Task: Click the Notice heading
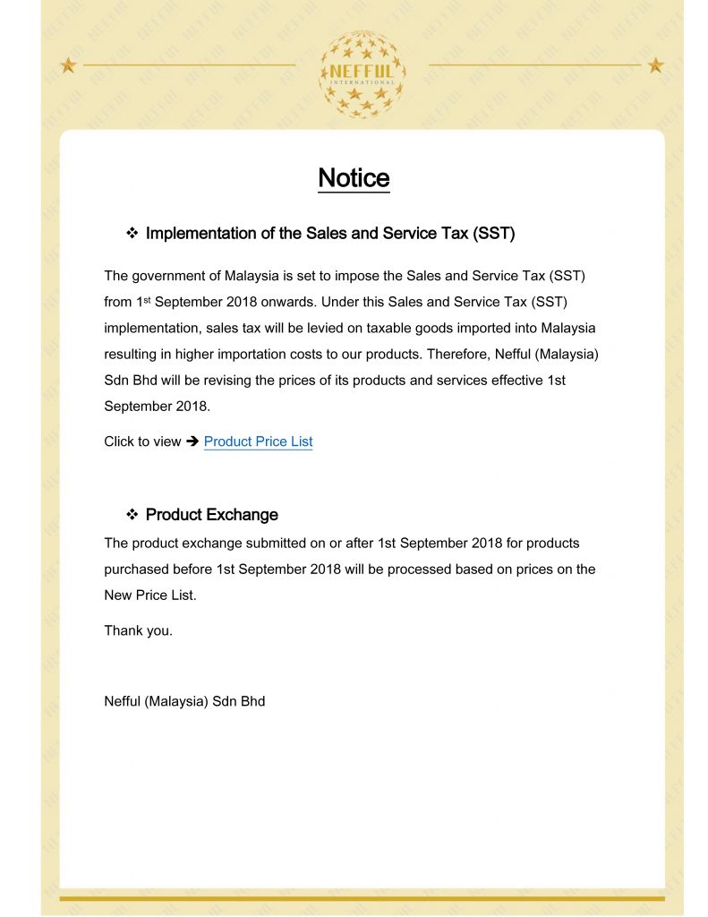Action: click(354, 177)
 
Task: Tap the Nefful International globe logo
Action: click(362, 74)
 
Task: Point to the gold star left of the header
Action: click(67, 64)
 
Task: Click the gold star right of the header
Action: click(656, 64)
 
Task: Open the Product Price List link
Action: click(258, 441)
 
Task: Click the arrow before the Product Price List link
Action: click(192, 441)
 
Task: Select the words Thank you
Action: click(138, 630)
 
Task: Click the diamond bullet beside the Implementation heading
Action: click(132, 234)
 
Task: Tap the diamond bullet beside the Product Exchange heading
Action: click(132, 515)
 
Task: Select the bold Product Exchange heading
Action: click(211, 515)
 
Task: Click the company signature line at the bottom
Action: click(184, 701)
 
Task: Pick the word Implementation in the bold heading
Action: click(200, 234)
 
